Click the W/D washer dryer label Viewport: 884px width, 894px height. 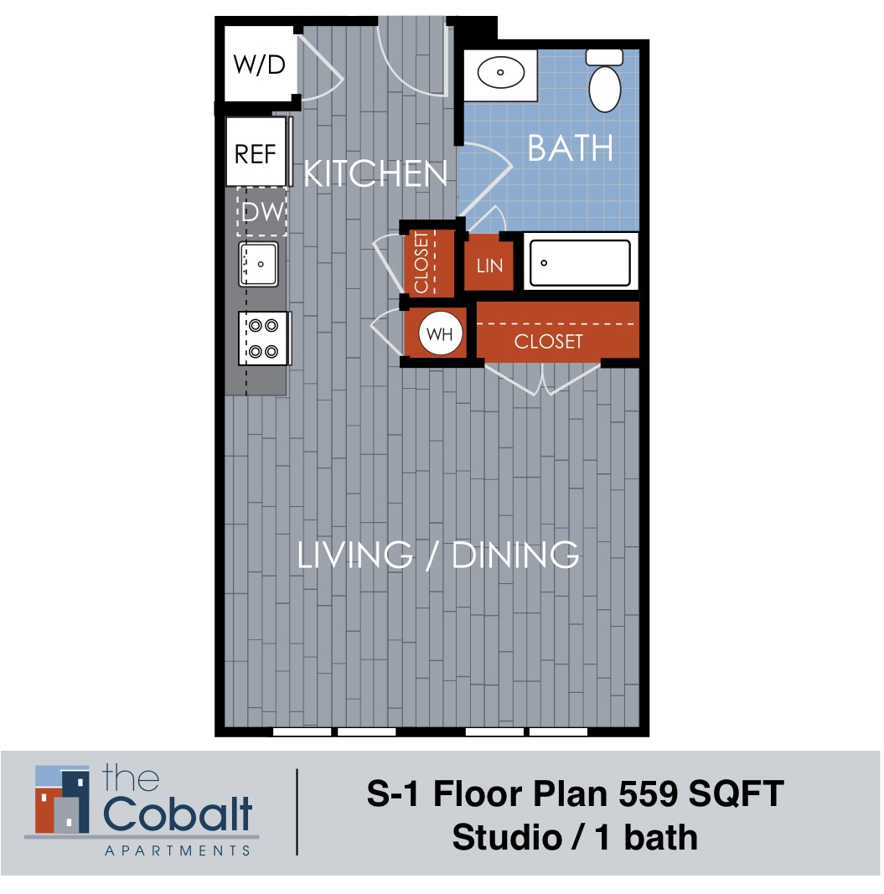pyautogui.click(x=259, y=65)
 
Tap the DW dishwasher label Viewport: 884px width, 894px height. pyautogui.click(x=262, y=212)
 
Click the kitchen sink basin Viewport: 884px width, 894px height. pyautogui.click(x=259, y=264)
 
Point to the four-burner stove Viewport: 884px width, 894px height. pyautogui.click(x=264, y=338)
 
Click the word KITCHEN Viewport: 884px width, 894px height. pyautogui.click(x=375, y=174)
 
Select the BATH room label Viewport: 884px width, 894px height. pyautogui.click(x=570, y=148)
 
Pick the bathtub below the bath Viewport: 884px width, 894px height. pyautogui.click(x=579, y=263)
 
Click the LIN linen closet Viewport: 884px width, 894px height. pyautogui.click(x=489, y=266)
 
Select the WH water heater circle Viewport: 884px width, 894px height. pyautogui.click(x=440, y=333)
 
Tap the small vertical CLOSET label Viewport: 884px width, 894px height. pyautogui.click(x=421, y=263)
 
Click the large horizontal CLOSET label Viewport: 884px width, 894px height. pyautogui.click(x=548, y=342)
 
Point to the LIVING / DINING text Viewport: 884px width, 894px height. pyautogui.click(x=438, y=556)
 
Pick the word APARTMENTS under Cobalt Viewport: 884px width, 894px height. pyautogui.click(x=177, y=850)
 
